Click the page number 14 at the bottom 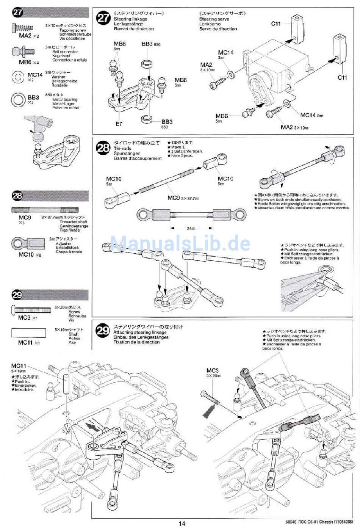pyautogui.click(x=182, y=523)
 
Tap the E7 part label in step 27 pyautogui.click(x=119, y=124)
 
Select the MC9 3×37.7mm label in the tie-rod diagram pyautogui.click(x=183, y=198)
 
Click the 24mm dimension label pyautogui.click(x=191, y=228)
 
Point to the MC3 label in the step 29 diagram pyautogui.click(x=213, y=370)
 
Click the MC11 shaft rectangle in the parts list pyautogui.click(x=28, y=333)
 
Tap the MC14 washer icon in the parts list pyautogui.click(x=18, y=77)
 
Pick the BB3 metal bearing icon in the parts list pyautogui.click(x=18, y=100)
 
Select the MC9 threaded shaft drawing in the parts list pyautogui.click(x=45, y=210)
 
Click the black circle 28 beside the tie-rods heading pyautogui.click(x=103, y=148)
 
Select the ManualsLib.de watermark pyautogui.click(x=180, y=243)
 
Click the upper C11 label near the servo pyautogui.click(x=275, y=24)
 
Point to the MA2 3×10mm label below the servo pyautogui.click(x=294, y=127)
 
